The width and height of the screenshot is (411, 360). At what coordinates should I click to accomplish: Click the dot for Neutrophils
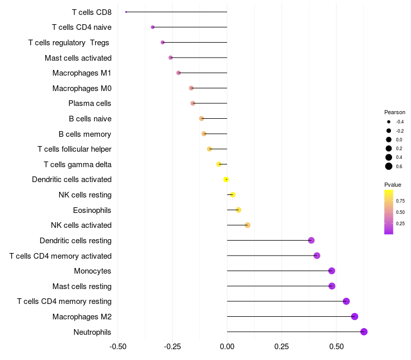364,332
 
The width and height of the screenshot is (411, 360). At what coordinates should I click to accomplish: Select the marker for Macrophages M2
354,316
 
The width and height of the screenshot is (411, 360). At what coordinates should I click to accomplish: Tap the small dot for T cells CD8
126,12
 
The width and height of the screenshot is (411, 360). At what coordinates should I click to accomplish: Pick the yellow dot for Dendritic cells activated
226,179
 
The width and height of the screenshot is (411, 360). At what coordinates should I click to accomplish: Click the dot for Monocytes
331,271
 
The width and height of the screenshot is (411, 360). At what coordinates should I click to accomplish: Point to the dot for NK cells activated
247,225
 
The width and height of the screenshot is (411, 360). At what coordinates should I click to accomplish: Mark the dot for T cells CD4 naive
153,27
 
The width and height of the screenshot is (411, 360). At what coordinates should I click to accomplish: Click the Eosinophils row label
92,210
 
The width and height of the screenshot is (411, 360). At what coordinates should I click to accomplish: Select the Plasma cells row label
90,103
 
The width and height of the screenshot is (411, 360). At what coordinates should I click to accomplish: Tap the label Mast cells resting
82,286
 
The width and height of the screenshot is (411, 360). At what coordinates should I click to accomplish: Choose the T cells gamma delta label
78,165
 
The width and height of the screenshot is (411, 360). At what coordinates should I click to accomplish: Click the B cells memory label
85,134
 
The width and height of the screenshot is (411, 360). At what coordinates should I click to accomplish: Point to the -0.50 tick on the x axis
118,347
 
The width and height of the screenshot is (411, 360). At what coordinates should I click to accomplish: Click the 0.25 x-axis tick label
281,347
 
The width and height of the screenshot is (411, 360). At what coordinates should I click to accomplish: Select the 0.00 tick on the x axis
227,347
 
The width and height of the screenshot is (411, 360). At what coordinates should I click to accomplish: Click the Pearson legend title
395,112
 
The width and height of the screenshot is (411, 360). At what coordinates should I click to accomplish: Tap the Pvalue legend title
393,185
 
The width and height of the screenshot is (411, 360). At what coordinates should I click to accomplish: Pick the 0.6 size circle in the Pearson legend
389,166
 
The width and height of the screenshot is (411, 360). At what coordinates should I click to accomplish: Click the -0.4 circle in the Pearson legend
389,122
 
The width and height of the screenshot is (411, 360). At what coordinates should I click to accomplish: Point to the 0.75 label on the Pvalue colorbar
400,201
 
